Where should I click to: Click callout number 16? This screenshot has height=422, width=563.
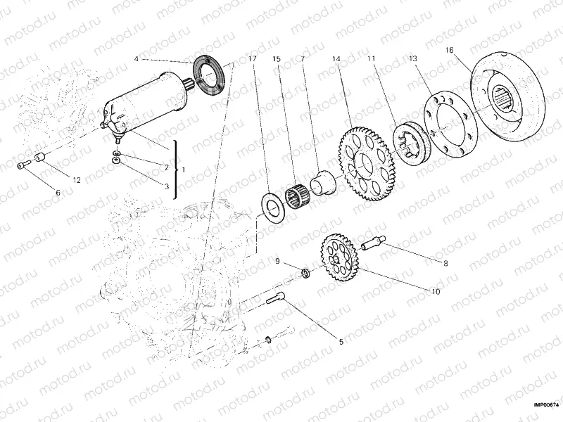point(450,51)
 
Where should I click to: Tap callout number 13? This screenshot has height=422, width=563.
point(413,59)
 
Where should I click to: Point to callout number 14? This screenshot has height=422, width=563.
point(336,59)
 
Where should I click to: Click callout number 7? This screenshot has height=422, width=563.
point(302,59)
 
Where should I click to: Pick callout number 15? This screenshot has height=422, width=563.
point(277,59)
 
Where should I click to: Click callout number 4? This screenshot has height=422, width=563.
point(137,59)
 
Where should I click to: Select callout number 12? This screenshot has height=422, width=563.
point(76,180)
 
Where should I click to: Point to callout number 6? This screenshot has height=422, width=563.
point(58,192)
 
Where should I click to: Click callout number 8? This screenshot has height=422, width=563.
point(445,264)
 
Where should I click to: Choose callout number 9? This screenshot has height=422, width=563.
point(277,262)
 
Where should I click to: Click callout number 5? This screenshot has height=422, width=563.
point(341,342)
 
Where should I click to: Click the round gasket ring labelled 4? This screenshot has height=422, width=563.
point(209,74)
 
